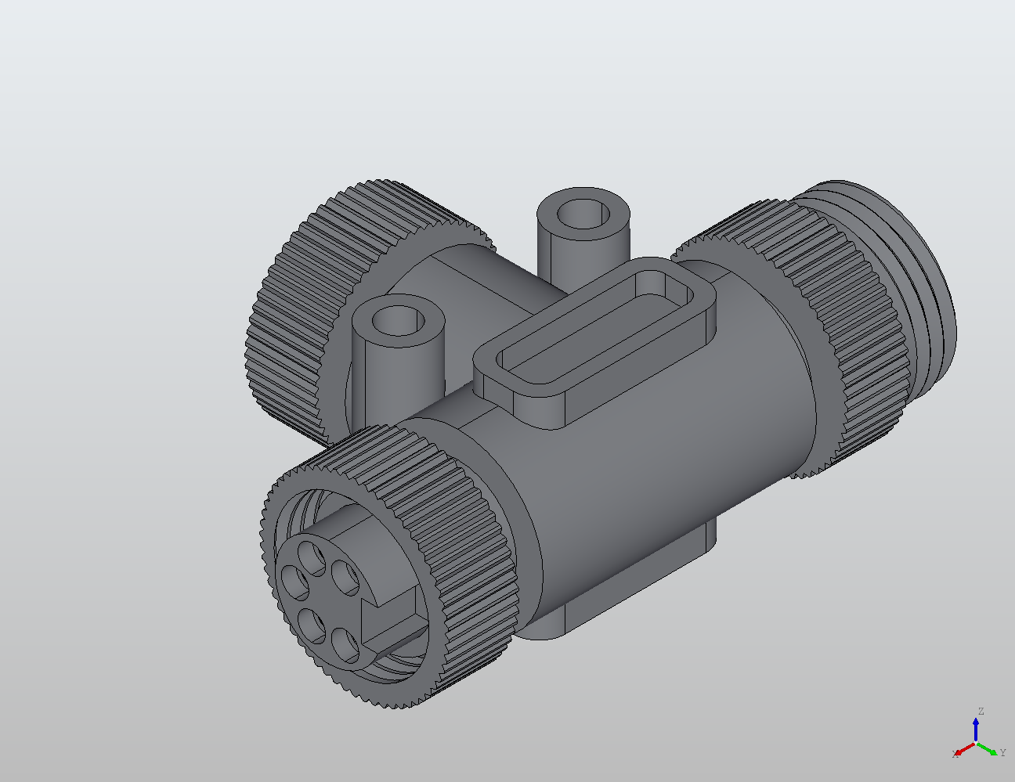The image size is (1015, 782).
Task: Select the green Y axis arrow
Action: coord(989,750)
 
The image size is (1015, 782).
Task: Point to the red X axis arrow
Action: coord(963,750)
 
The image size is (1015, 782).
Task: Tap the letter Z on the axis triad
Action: coord(980,712)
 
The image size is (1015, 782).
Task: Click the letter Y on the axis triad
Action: coord(1002,753)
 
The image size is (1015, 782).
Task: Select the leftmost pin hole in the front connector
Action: coord(295,582)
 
